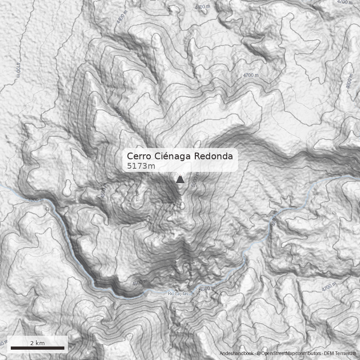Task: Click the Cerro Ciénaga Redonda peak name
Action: tap(180, 156)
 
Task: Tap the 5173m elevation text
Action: tap(141, 166)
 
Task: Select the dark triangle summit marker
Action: tap(180, 180)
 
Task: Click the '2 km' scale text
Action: tap(37, 343)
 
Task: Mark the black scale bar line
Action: tap(37, 348)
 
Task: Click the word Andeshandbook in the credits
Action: tap(237, 354)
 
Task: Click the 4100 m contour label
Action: tap(18, 70)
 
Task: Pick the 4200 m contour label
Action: tap(36, 200)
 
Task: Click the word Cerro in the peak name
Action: tap(140, 156)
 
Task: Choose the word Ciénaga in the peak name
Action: tap(174, 156)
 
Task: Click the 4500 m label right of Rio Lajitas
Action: tap(207, 288)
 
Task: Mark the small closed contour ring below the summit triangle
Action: tap(182, 206)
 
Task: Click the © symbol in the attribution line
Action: tap(258, 354)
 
